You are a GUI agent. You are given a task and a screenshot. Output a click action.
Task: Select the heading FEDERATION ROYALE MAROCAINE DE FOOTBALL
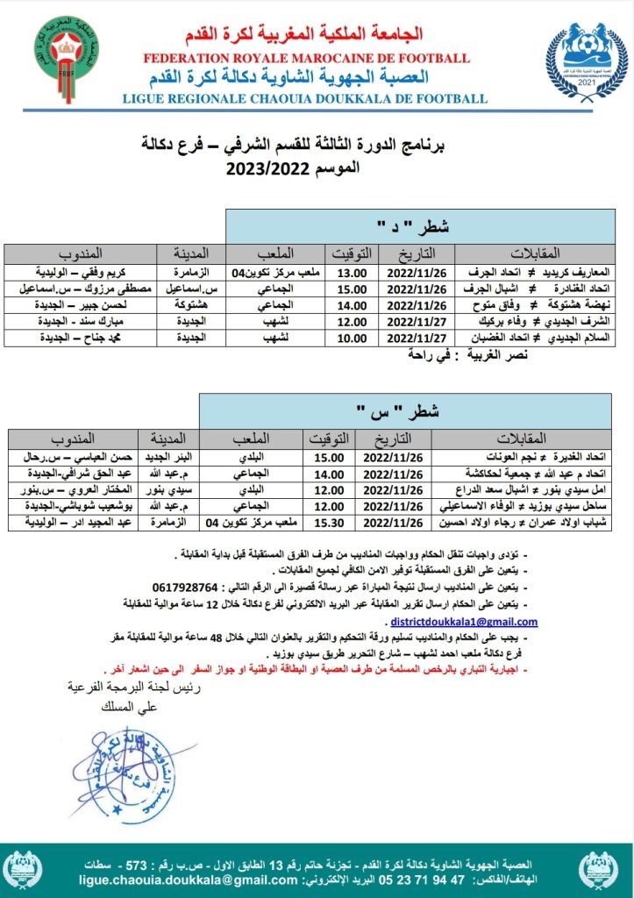tap(307, 58)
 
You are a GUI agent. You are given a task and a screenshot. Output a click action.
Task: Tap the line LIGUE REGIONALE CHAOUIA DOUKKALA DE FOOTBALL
tap(306, 98)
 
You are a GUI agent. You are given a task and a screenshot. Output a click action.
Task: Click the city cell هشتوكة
tap(189, 305)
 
